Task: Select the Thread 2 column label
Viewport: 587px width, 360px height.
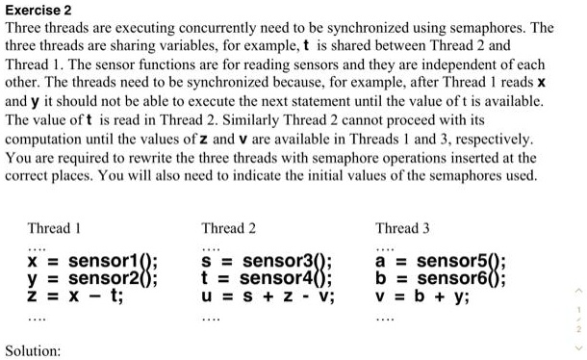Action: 228,228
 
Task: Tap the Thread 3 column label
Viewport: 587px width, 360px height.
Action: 403,228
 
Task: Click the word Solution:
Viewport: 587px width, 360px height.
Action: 35,349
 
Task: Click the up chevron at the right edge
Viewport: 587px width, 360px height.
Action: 579,286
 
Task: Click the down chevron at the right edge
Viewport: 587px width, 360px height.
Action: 579,347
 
